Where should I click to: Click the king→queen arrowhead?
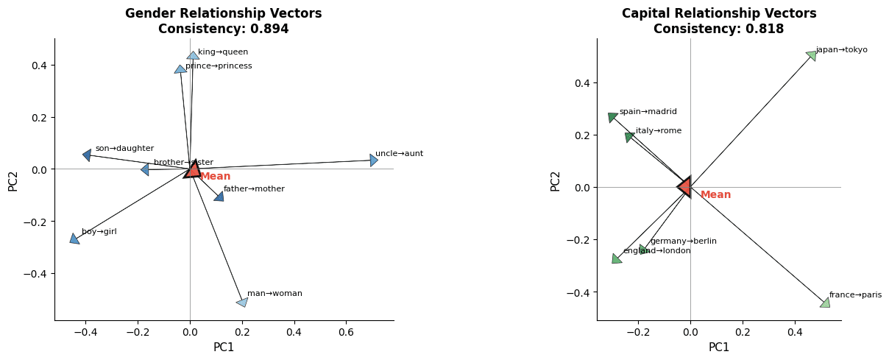193,55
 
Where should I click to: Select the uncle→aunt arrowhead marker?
374,160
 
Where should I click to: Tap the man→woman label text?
275,294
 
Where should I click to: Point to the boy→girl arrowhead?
74,239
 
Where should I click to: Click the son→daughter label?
124,149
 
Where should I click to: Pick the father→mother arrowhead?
219,196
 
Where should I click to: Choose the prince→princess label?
219,66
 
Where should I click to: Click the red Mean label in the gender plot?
215,177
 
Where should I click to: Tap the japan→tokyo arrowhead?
811,55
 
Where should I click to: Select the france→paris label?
855,295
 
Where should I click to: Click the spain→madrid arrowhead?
612,118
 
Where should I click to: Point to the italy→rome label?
659,131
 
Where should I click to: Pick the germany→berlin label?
683,241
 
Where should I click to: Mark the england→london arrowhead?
617,258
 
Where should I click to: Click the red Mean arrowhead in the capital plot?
684,187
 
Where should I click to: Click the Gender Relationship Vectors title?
223,13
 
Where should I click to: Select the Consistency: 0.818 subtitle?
718,29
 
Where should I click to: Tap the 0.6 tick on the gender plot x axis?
346,333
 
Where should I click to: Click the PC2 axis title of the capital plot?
556,181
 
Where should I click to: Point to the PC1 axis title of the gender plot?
224,347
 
